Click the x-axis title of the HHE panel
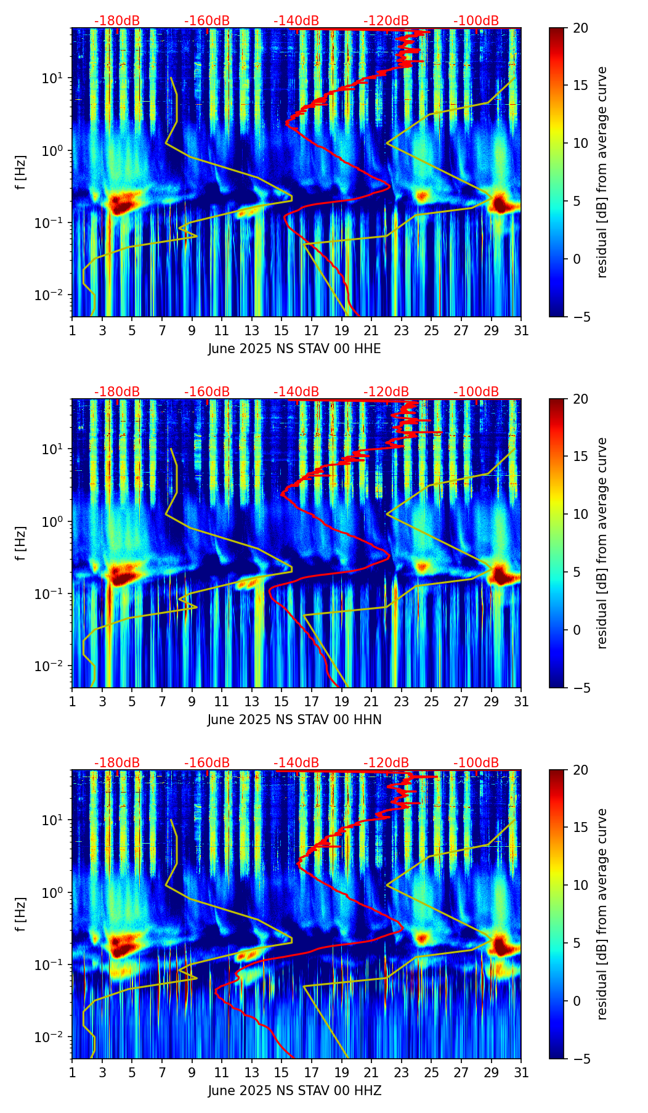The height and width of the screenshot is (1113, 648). point(294,349)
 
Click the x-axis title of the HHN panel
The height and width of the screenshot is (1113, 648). point(294,720)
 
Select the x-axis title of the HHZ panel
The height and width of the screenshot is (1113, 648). point(294,1091)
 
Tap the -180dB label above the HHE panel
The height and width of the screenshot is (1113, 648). point(117,21)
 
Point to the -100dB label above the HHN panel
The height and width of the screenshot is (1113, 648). point(476,392)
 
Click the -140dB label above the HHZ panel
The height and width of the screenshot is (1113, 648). point(296,763)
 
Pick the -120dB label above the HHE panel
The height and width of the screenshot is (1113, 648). point(386,21)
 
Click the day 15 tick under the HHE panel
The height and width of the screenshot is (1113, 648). point(281,330)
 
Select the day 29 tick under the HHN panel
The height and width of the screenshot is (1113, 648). point(491,701)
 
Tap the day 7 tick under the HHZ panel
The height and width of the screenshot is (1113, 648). point(162,1072)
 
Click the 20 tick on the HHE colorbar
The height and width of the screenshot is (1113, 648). point(580,28)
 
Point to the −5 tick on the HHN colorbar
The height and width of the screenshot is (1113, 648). point(580,688)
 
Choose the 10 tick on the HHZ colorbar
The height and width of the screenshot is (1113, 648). point(580,886)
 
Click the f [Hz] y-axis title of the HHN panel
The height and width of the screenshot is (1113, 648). point(21,543)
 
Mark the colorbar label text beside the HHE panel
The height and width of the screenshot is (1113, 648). point(602,172)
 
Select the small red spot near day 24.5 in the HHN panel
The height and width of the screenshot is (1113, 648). point(422,566)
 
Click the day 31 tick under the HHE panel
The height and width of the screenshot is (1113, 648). point(521,330)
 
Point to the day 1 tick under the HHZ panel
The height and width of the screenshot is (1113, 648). point(72,1072)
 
